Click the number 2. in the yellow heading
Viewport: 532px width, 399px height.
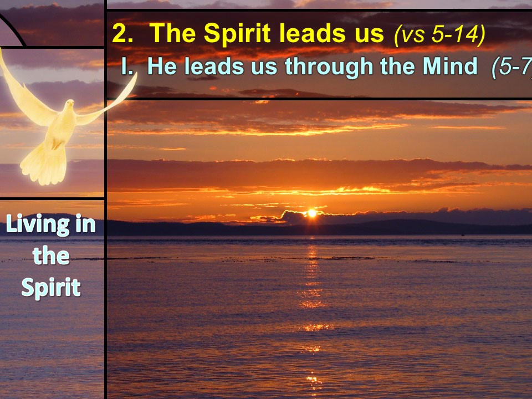click(x=122, y=33)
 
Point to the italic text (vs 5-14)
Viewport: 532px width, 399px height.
click(x=439, y=34)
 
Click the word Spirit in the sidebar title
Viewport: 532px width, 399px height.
click(x=51, y=288)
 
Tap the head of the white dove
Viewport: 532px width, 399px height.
click(x=70, y=104)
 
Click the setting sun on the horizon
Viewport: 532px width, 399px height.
click(x=311, y=213)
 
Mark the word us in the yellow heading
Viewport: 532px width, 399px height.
click(x=370, y=36)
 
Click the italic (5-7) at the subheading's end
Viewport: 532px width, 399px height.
click(x=511, y=67)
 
